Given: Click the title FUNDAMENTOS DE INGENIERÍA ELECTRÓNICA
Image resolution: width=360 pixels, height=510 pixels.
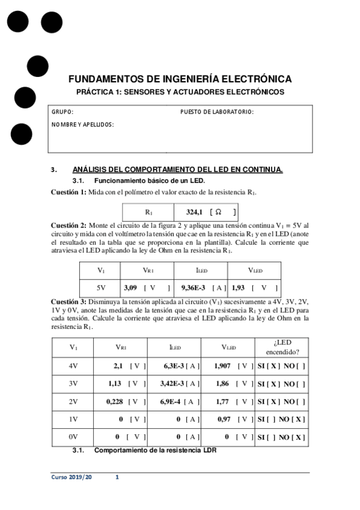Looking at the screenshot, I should click(x=180, y=79).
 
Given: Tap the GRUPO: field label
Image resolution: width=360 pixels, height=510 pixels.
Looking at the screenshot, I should click(x=63, y=112).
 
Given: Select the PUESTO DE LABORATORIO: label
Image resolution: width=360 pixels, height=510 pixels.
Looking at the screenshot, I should click(x=217, y=112).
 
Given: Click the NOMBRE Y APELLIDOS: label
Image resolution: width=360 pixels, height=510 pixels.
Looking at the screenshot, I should click(x=83, y=124).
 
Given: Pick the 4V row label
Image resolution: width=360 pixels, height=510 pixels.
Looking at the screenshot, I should click(x=74, y=365).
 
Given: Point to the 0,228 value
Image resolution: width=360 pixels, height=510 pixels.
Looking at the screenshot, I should click(x=115, y=401).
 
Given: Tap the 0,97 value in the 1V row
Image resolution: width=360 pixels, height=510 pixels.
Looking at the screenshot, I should click(x=225, y=419).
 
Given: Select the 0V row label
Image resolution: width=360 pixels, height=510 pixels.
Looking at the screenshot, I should click(x=74, y=437).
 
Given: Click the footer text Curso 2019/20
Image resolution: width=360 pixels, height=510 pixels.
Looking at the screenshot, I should click(x=72, y=477).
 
